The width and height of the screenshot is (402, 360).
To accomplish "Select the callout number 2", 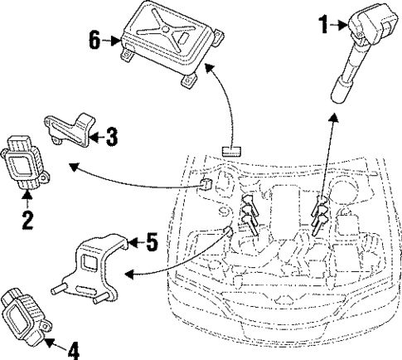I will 27,220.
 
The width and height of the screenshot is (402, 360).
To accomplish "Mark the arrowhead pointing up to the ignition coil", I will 333,119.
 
